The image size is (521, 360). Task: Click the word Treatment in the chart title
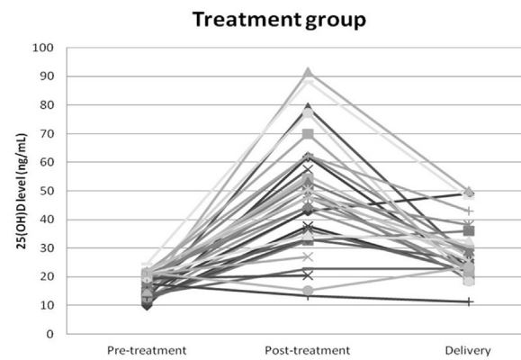(247, 20)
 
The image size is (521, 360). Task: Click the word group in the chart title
(336, 21)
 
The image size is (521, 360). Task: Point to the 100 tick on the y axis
(43, 48)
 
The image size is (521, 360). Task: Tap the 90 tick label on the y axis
(46, 76)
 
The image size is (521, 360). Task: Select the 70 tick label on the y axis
(46, 133)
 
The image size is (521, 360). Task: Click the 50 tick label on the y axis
(46, 191)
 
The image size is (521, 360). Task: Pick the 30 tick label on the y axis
(46, 248)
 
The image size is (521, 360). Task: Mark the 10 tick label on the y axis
(46, 305)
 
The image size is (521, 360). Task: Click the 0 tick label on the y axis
(49, 334)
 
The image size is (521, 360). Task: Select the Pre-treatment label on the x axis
(147, 350)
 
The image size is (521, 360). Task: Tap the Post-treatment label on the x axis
(308, 350)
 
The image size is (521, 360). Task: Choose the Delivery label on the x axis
(468, 351)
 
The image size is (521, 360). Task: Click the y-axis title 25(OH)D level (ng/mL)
(22, 191)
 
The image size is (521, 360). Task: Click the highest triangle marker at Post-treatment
(308, 72)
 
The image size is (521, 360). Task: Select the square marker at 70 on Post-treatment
(308, 134)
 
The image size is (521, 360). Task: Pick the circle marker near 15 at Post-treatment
(308, 291)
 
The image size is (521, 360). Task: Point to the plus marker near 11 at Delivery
(469, 301)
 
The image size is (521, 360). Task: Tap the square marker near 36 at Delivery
(469, 231)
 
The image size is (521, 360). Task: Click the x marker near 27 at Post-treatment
(308, 256)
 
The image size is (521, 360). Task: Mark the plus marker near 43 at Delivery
(469, 211)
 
